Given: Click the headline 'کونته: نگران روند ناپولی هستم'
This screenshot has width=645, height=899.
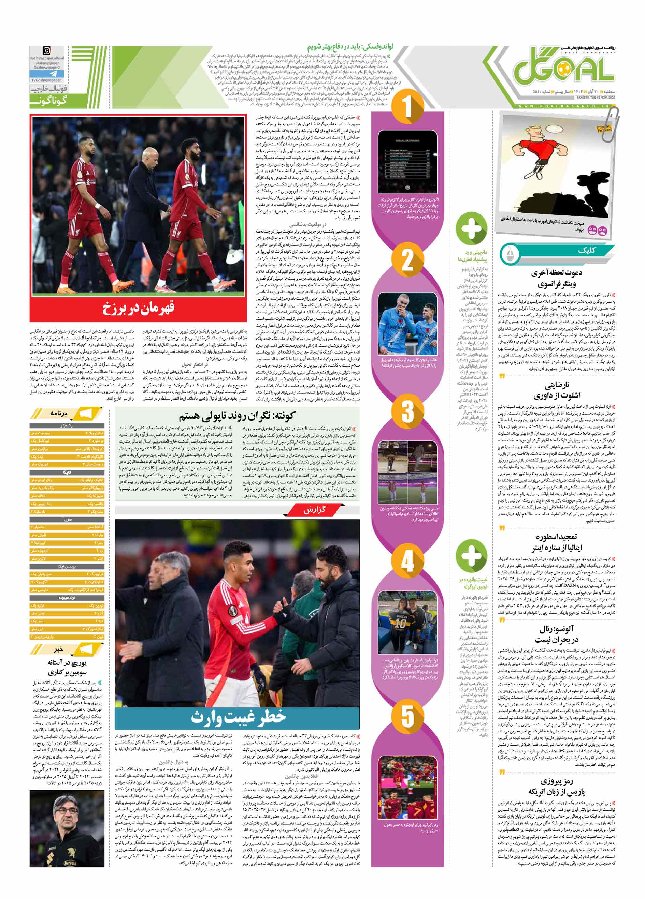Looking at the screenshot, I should [237, 416].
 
